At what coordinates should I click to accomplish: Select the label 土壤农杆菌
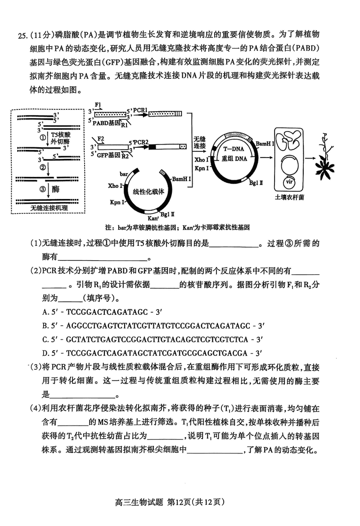[x=289, y=197]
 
